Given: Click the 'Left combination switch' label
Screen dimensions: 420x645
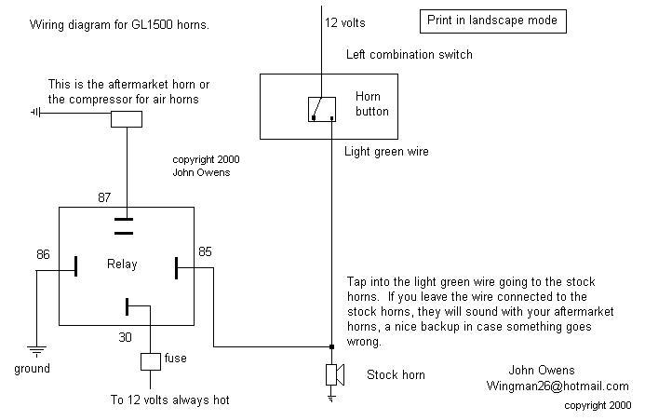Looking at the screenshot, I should coord(409,55).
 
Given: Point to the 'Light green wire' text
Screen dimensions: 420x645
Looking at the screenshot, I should coord(386,151).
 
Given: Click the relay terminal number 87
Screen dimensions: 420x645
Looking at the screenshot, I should coord(105,197).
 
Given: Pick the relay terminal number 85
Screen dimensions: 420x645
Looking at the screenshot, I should coord(205,251).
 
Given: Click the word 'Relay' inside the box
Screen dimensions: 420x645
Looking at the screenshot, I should coord(121,264).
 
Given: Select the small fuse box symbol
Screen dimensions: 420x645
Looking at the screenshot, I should coord(149,361).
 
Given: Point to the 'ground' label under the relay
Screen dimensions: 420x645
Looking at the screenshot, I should coord(32,369).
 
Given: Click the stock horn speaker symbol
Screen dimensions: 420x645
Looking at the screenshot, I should coord(334,374).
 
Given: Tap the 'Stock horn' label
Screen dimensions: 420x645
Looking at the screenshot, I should coord(396,375).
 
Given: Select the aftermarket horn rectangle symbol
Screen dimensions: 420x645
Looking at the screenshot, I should coord(126,118).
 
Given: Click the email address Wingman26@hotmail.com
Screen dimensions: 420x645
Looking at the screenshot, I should coord(557,386).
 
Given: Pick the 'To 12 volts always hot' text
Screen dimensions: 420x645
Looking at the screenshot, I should coord(168,400).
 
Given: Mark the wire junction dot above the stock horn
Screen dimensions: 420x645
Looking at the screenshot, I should coord(331,347).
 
